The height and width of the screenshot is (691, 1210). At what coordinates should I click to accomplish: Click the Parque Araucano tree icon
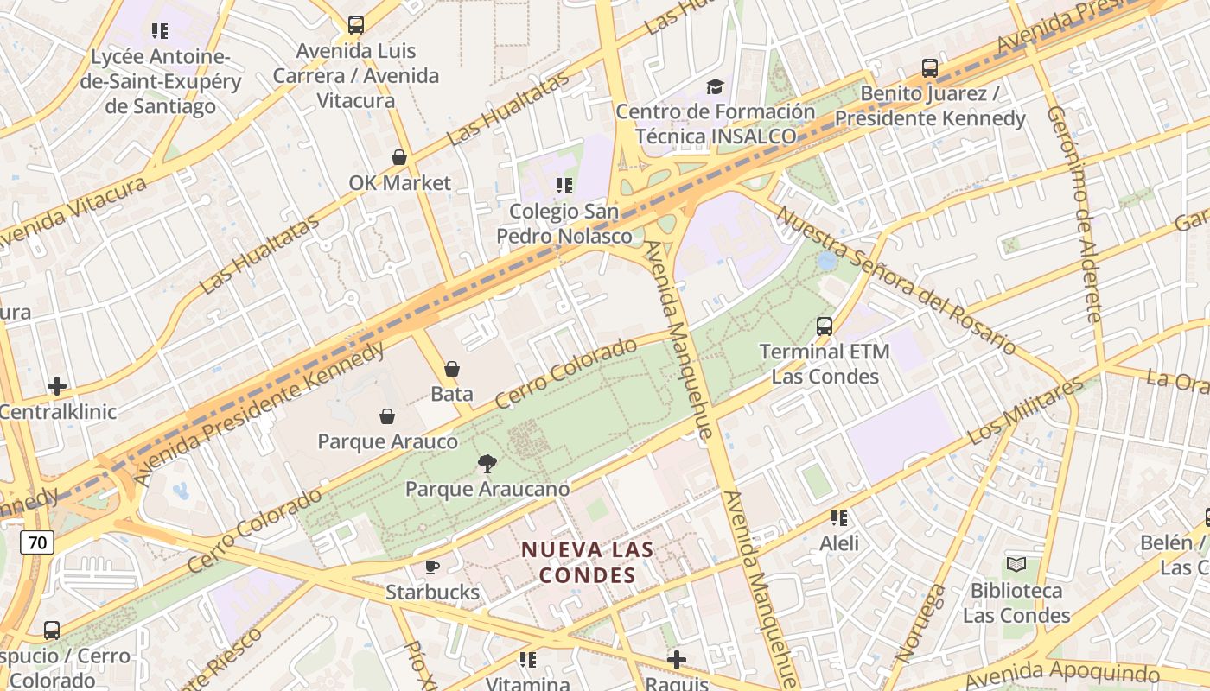[487, 464]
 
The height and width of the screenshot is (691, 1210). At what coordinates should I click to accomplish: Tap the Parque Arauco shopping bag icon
[387, 416]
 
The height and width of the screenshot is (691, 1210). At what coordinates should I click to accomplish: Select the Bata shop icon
[451, 369]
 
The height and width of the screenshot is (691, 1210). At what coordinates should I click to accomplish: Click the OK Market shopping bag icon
[399, 157]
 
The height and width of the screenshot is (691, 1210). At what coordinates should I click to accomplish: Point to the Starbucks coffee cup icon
[432, 567]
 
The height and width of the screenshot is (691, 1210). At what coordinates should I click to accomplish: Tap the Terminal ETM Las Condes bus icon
[825, 326]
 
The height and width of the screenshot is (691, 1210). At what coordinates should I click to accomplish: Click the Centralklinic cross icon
[57, 386]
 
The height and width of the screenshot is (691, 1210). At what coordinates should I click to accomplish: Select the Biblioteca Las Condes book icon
[1016, 565]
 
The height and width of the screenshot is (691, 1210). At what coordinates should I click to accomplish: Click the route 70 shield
[37, 542]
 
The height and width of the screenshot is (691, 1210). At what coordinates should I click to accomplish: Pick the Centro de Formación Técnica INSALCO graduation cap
[715, 86]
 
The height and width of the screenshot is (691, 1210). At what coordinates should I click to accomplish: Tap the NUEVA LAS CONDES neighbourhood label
[587, 561]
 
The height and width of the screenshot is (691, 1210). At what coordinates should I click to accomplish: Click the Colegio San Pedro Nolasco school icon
[564, 185]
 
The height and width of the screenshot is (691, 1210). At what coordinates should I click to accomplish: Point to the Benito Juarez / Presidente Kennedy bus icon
[930, 67]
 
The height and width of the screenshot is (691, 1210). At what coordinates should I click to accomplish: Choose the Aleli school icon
[838, 517]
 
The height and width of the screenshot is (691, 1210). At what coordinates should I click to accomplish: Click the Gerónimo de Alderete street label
[1074, 213]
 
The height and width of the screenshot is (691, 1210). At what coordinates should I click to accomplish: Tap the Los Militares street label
[1025, 411]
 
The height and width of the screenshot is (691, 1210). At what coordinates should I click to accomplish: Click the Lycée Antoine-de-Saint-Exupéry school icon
[160, 31]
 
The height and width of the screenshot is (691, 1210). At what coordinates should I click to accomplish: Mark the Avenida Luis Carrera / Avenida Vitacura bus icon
[355, 25]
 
